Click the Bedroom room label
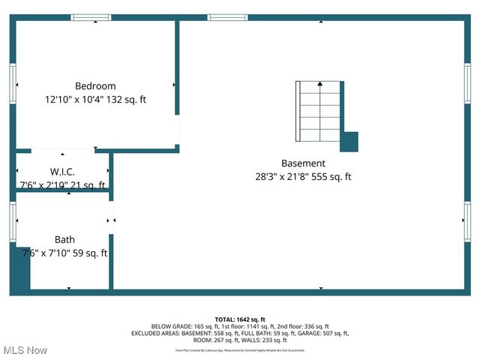(x=95, y=86)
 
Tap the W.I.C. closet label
(x=62, y=172)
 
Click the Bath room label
(x=64, y=240)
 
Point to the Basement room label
(x=303, y=163)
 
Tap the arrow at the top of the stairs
(x=320, y=84)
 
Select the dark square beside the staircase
(x=349, y=142)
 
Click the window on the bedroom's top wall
(x=91, y=17)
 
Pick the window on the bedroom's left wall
(x=13, y=82)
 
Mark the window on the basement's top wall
(x=228, y=17)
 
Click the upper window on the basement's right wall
(x=467, y=82)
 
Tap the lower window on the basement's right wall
(x=467, y=222)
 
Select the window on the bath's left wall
(x=13, y=222)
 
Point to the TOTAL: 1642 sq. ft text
(x=240, y=319)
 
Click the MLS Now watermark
(x=25, y=350)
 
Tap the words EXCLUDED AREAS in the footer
(x=154, y=333)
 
